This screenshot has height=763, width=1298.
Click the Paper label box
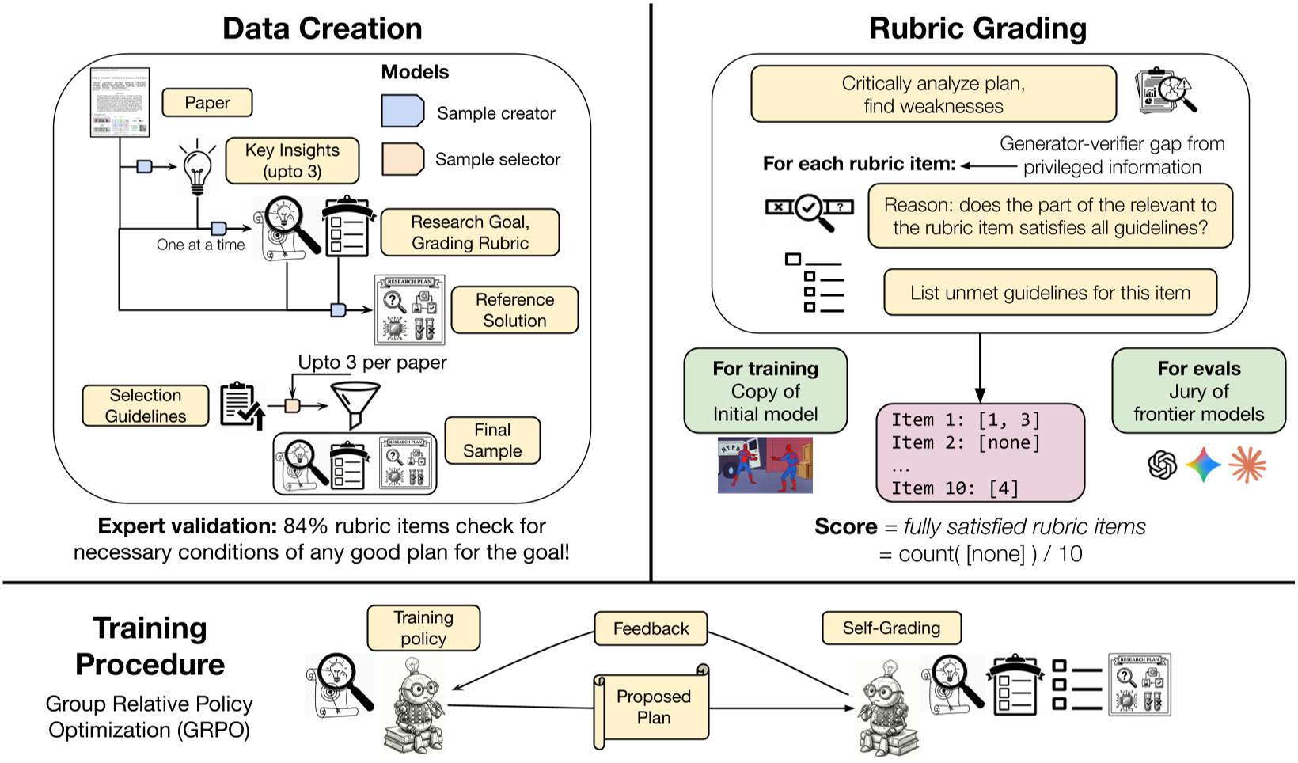[207, 103]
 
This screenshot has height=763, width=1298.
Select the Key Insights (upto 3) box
[292, 161]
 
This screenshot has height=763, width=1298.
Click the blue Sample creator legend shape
[403, 112]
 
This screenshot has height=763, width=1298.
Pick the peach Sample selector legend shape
[403, 158]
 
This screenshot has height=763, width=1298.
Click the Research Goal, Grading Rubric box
[470, 233]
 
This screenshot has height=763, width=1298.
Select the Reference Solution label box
[514, 310]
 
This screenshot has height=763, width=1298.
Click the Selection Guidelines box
[146, 406]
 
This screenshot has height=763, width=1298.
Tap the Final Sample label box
[492, 440]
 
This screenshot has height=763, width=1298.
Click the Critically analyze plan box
[933, 94]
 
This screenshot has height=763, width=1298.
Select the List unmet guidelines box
[1049, 293]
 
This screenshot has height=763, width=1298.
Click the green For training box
[765, 391]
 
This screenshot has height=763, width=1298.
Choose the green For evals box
[1198, 391]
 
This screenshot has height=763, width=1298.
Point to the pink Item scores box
[980, 454]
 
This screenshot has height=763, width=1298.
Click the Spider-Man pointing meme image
[765, 465]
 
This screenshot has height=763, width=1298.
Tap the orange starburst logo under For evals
[1247, 465]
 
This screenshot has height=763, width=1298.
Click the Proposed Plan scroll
[652, 707]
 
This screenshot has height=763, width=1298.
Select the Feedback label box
[651, 628]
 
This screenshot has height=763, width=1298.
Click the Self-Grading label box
[891, 628]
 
